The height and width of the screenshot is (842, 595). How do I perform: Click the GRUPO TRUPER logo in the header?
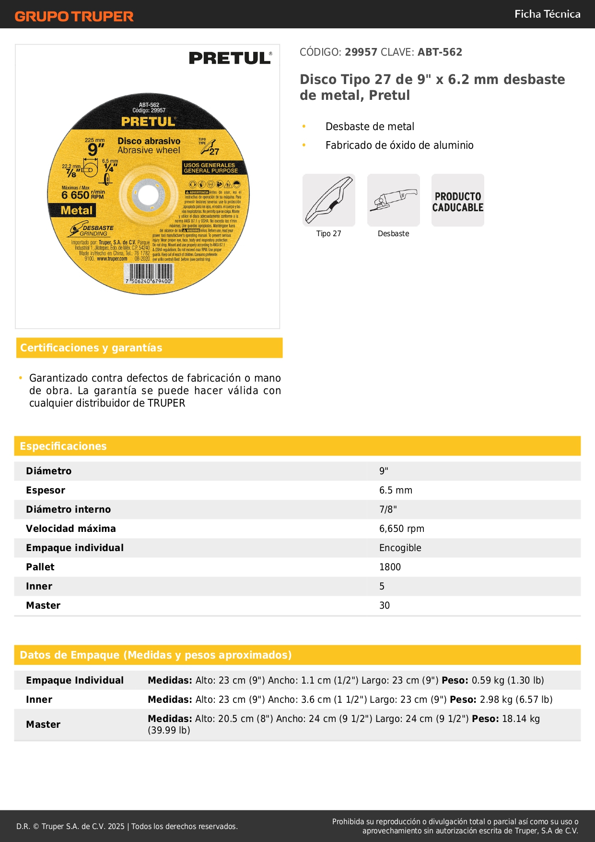click(x=74, y=16)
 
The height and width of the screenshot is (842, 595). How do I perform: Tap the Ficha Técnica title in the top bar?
click(x=547, y=14)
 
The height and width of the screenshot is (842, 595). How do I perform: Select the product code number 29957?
click(x=361, y=52)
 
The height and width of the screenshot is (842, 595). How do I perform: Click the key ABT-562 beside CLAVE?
click(x=440, y=52)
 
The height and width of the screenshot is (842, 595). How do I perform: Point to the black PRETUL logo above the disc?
click(x=230, y=58)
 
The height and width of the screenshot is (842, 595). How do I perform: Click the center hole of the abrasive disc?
click(x=148, y=195)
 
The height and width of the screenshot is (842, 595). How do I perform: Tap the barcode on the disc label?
click(x=148, y=274)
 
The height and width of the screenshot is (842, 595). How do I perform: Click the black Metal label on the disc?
click(x=77, y=210)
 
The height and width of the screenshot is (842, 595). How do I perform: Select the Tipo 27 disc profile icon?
click(x=329, y=200)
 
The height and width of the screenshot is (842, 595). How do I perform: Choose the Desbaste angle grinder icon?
click(x=394, y=200)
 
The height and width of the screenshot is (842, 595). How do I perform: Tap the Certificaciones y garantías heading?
click(x=91, y=348)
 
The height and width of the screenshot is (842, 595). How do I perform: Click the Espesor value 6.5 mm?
click(x=396, y=490)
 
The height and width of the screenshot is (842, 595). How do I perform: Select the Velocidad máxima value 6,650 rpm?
click(x=402, y=529)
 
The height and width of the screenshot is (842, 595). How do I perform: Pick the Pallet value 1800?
click(x=390, y=567)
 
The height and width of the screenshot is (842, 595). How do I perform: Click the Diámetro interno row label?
click(x=68, y=509)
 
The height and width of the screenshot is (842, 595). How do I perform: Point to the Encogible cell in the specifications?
click(x=400, y=548)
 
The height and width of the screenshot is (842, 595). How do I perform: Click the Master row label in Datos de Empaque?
click(x=43, y=724)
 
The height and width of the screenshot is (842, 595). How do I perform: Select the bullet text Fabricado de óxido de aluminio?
click(x=399, y=145)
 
